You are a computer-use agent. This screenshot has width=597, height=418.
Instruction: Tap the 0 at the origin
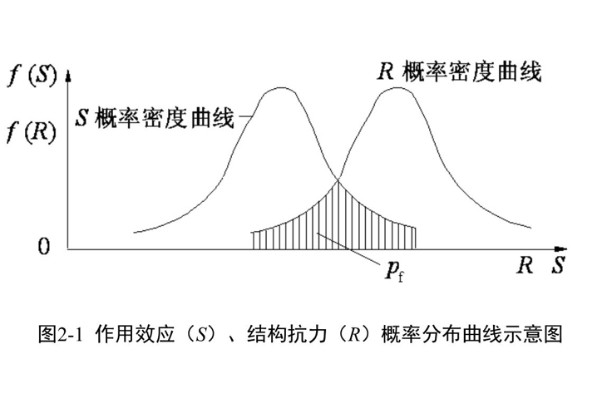[44, 248]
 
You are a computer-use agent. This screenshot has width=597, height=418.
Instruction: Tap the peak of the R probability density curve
[398, 87]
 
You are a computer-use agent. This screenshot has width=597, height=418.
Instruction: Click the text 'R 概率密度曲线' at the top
[460, 72]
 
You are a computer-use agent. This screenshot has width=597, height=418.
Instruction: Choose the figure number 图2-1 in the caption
[62, 336]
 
